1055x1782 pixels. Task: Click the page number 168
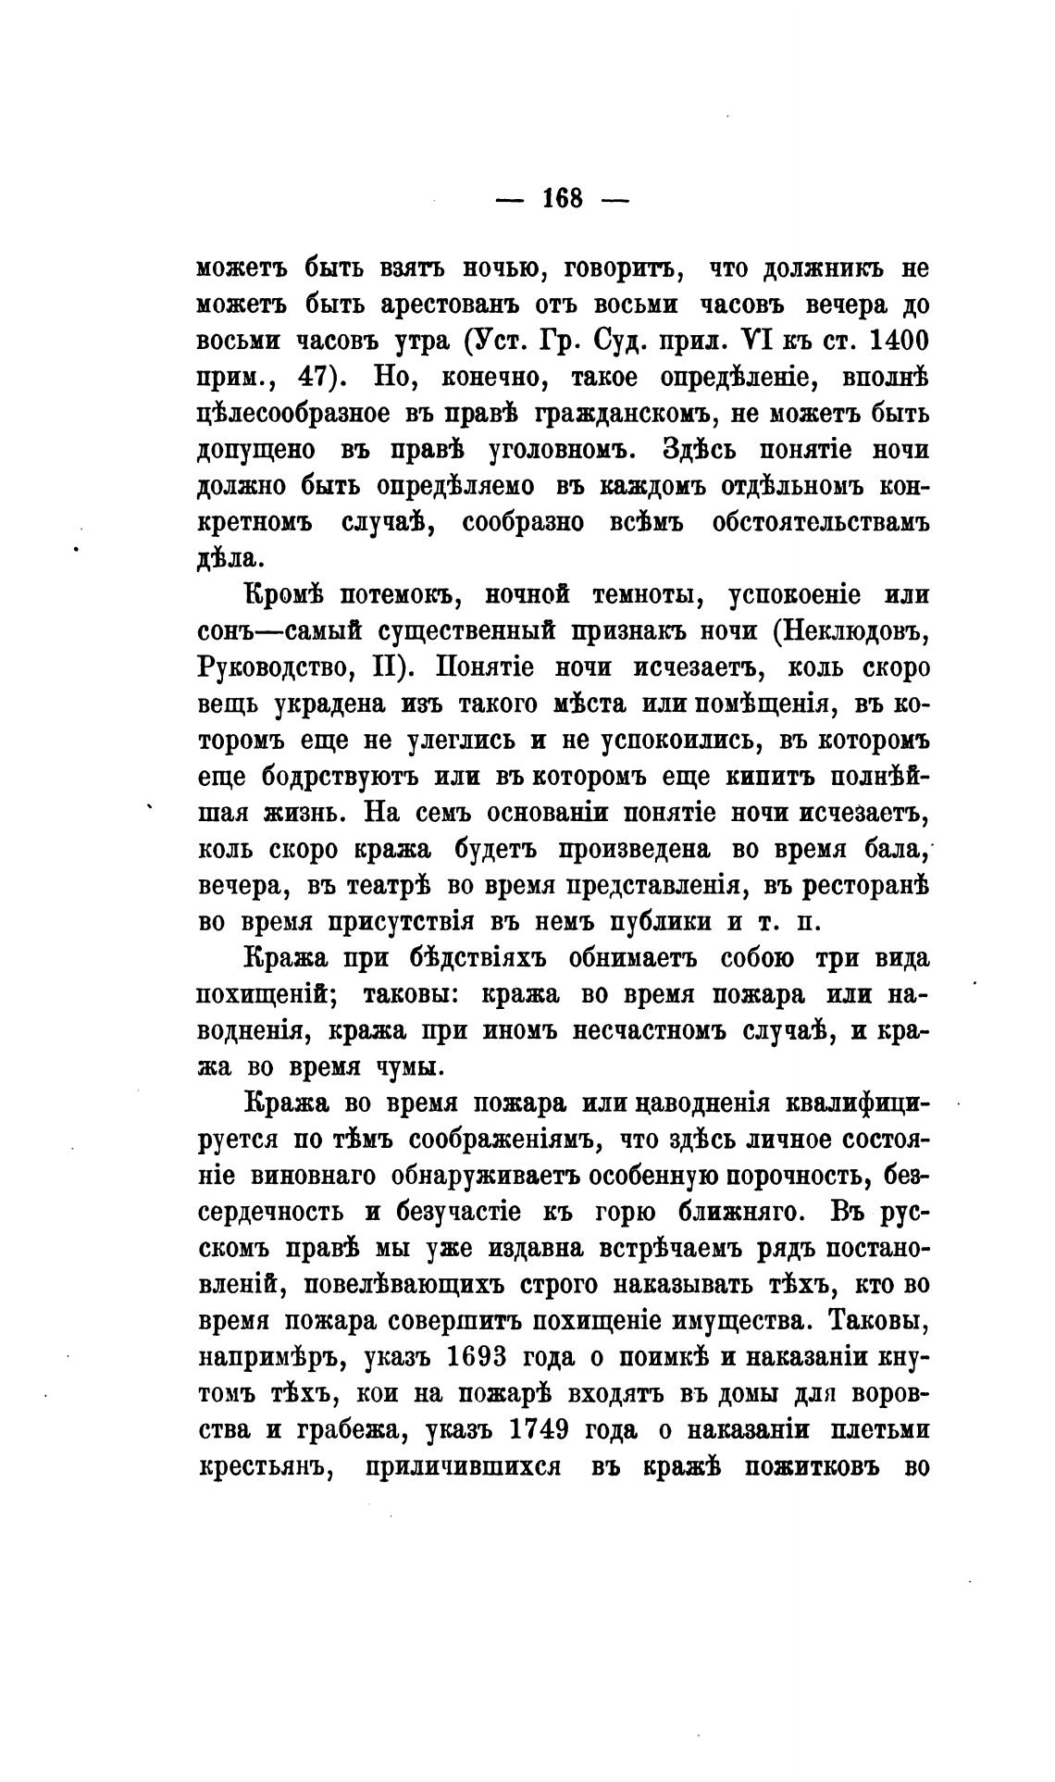[x=563, y=198]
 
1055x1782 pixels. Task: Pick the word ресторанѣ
[x=854, y=886]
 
